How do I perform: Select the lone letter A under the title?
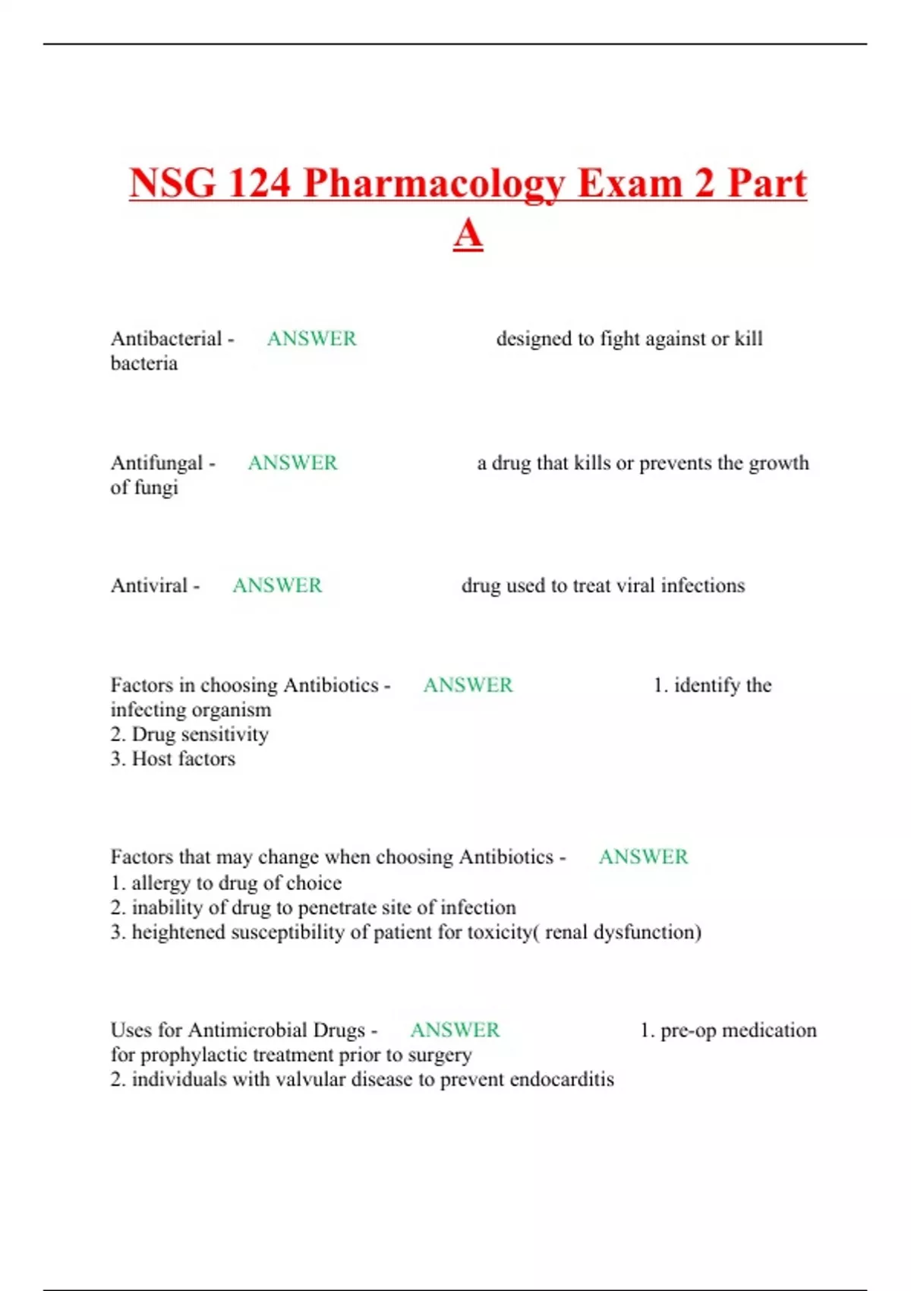[x=468, y=233]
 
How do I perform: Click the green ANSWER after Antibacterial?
[x=311, y=339]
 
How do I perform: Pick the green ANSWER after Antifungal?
[x=292, y=462]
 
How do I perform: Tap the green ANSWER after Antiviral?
[x=277, y=586]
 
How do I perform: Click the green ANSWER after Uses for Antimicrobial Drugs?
[x=455, y=1030]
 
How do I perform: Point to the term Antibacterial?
[x=166, y=339]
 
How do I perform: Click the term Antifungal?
[x=156, y=462]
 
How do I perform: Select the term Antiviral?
[x=149, y=586]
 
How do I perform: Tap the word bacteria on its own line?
[x=144, y=364]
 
